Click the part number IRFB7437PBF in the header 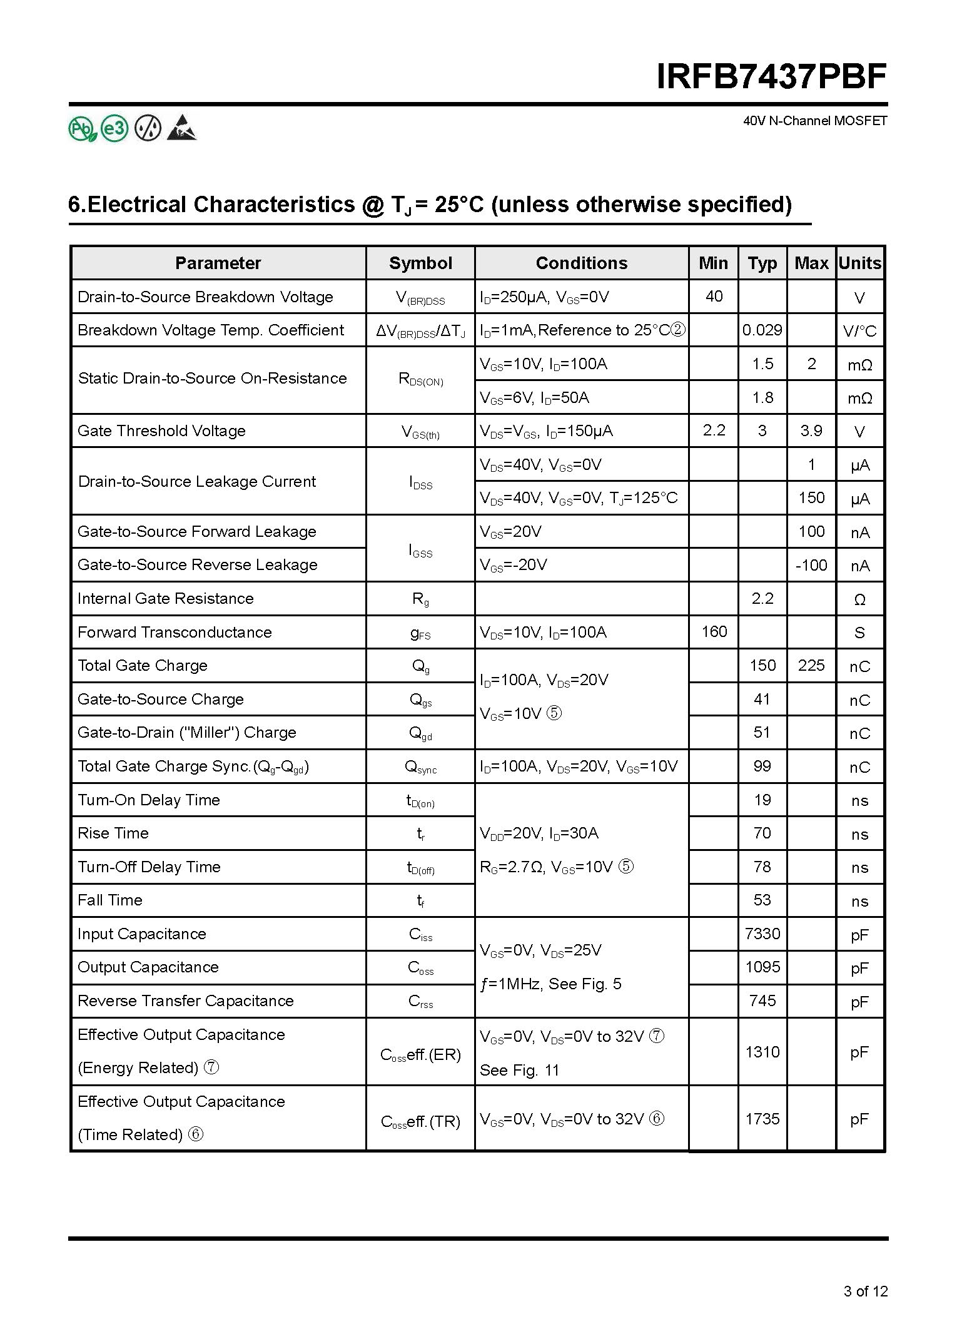771,78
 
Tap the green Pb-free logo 82,129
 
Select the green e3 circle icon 114,129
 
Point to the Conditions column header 581,263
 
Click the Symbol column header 420,263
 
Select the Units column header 859,263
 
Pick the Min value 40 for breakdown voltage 714,296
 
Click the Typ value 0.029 762,330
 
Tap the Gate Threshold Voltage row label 161,430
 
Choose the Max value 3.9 811,430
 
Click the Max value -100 811,565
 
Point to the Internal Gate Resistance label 165,598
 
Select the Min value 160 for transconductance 714,631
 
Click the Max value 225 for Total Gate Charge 811,665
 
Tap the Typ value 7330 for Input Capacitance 762,934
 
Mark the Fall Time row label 110,900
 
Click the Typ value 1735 762,1118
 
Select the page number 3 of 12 865,1291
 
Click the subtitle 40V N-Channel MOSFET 814,121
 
